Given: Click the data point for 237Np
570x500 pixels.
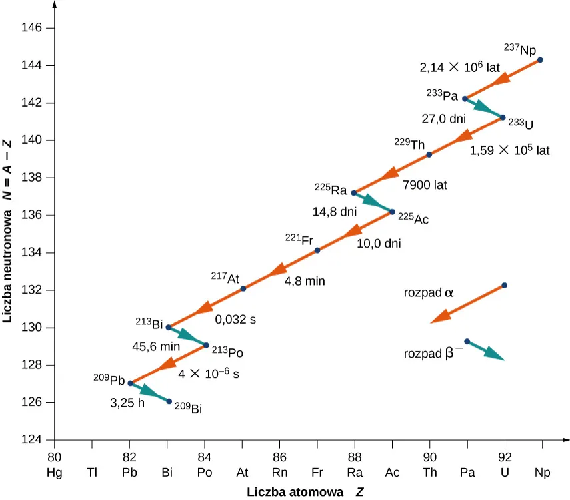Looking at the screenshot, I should click(x=540, y=60).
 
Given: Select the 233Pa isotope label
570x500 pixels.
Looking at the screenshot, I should click(x=442, y=95).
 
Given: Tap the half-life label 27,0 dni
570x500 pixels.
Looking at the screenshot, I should click(x=443, y=119).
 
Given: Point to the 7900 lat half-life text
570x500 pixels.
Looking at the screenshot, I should click(x=424, y=184).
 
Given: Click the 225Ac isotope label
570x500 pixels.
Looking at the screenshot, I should click(x=413, y=218).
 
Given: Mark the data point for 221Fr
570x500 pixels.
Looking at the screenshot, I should click(x=317, y=250).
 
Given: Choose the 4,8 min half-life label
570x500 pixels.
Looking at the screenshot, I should click(x=305, y=281).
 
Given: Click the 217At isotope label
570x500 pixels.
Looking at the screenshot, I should click(x=225, y=277).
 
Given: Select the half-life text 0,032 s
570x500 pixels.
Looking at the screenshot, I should click(x=235, y=319).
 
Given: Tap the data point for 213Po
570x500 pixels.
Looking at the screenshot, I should click(x=206, y=345).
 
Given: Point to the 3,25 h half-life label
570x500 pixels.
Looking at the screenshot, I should click(x=127, y=403).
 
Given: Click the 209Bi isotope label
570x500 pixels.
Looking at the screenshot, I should click(x=188, y=408).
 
